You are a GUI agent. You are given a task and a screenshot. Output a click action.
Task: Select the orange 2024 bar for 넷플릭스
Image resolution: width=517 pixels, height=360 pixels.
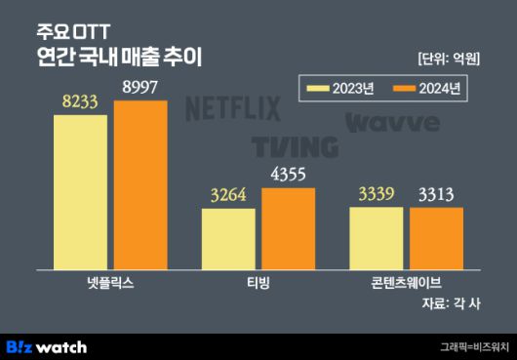(139, 184)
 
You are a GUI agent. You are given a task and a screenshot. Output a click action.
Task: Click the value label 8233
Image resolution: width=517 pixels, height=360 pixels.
(80, 102)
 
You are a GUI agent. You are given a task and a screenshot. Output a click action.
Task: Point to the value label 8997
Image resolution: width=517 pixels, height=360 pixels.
(140, 88)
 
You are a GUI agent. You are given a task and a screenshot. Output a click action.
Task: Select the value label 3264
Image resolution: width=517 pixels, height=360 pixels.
(228, 196)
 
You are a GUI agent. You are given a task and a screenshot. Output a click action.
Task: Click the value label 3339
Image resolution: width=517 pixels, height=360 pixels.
(376, 194)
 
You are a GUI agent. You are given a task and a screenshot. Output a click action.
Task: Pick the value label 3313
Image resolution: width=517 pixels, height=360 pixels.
(435, 195)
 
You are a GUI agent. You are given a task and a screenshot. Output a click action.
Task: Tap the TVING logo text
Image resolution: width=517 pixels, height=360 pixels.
(295, 147)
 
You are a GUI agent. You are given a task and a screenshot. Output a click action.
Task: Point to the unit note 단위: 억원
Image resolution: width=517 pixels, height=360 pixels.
(448, 58)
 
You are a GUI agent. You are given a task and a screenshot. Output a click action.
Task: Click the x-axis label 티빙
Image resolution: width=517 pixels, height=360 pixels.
(258, 282)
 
